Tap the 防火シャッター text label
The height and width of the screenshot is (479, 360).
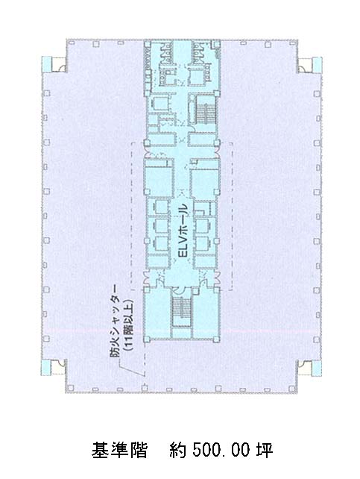115,321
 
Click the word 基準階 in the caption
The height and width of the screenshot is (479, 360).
119,450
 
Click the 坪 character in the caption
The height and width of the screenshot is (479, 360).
264,450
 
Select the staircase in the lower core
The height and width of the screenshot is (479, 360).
182,312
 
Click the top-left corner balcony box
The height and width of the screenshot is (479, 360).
54,64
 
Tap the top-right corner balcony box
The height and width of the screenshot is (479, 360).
309,65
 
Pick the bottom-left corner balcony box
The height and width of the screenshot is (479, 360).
54,368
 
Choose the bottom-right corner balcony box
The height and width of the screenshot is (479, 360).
309,368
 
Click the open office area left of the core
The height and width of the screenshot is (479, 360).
92,214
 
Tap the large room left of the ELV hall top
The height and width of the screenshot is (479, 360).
159,182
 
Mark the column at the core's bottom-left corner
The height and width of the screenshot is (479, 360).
146,339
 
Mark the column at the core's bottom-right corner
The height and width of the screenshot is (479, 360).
217,339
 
